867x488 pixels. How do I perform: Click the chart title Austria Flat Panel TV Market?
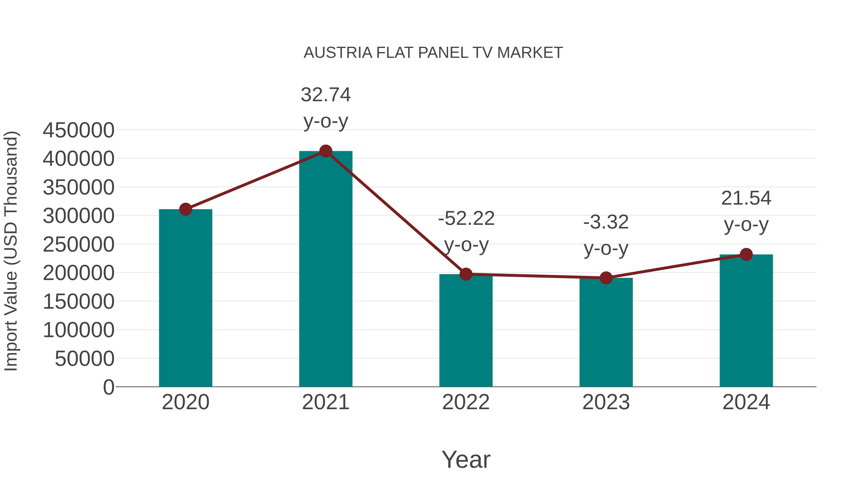(x=433, y=53)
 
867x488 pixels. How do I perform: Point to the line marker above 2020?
(x=185, y=209)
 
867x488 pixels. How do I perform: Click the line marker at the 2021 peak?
(x=325, y=151)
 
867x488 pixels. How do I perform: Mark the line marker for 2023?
(x=606, y=278)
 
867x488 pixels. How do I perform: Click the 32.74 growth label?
(x=325, y=95)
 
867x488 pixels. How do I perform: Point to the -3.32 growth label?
(x=606, y=222)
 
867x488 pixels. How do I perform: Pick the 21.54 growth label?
(x=746, y=198)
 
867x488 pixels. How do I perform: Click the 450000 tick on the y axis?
(x=79, y=130)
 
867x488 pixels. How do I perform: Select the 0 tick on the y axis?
(x=108, y=387)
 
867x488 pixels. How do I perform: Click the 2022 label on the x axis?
(x=466, y=402)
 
